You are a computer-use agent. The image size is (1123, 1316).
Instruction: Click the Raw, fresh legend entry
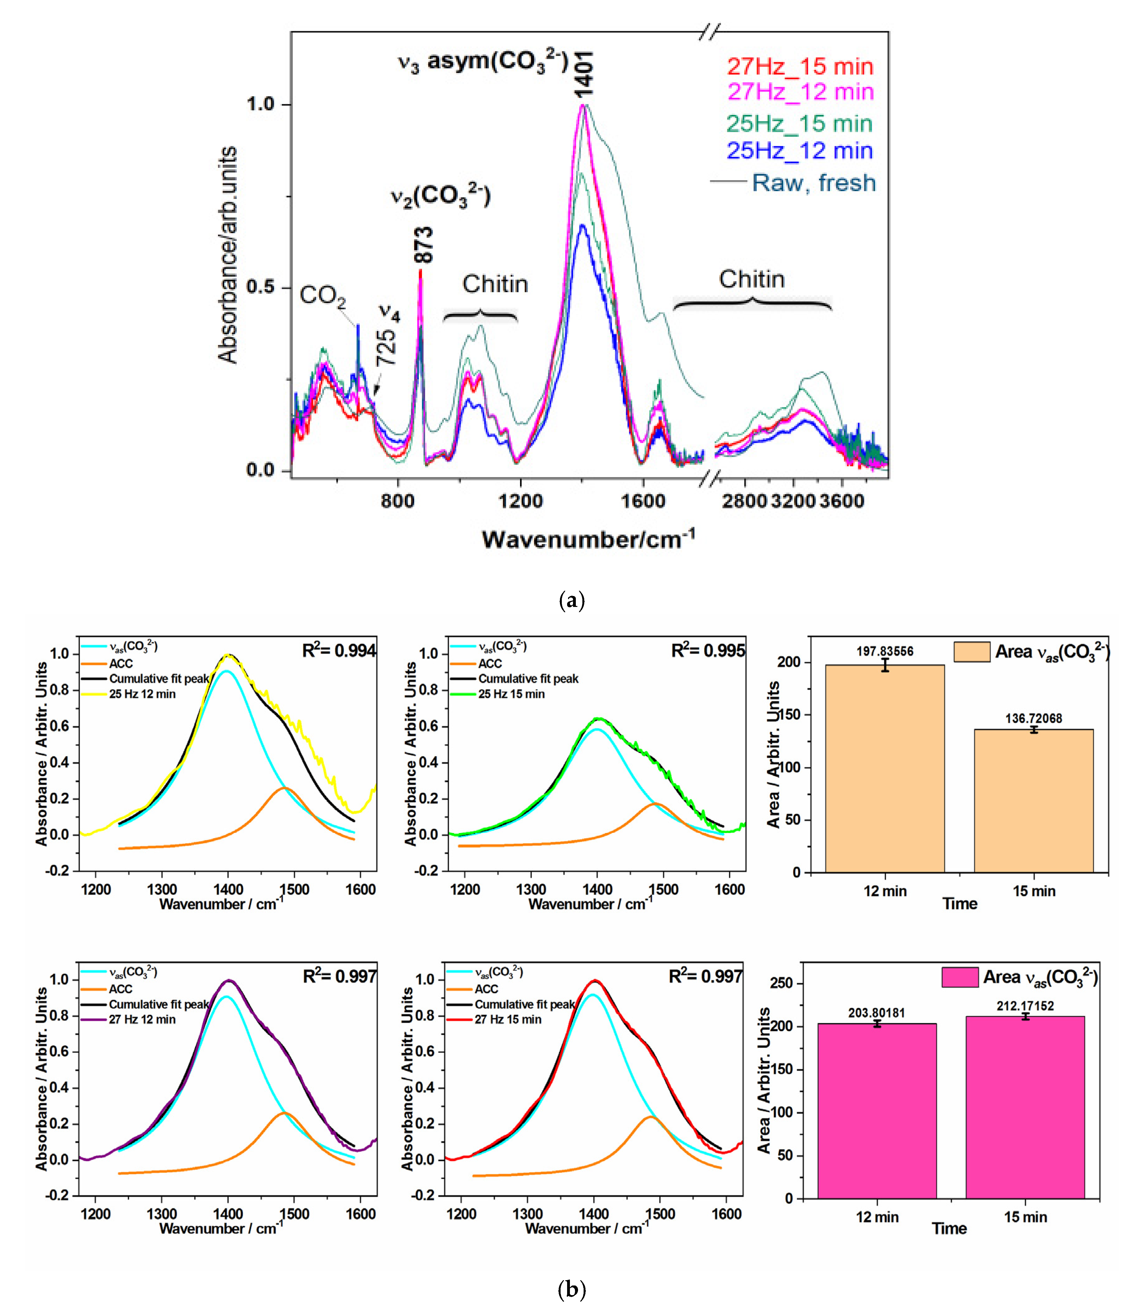click(813, 183)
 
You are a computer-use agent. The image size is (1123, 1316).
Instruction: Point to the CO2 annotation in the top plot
click(323, 295)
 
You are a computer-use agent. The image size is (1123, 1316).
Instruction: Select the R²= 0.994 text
click(339, 651)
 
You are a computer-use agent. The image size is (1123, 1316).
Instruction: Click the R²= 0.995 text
click(708, 651)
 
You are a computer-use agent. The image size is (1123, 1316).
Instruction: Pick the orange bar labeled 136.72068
click(1033, 800)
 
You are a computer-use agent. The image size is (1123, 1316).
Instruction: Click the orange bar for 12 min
click(884, 769)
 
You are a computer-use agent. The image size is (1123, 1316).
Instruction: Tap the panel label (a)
click(571, 600)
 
